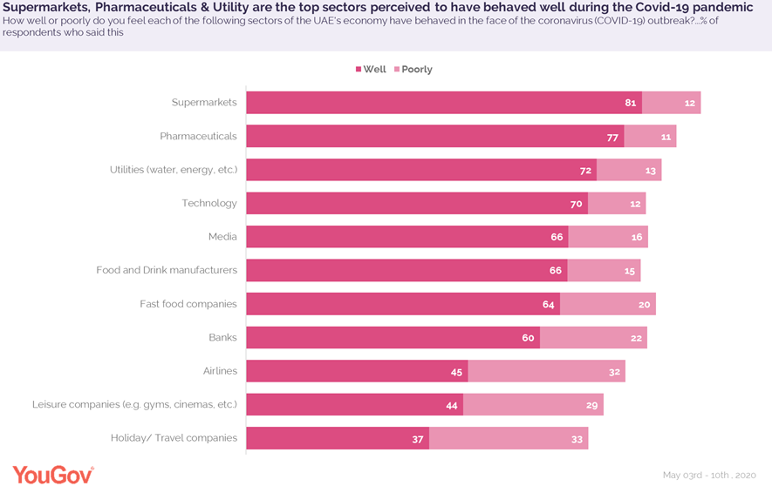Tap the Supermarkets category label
[204, 103]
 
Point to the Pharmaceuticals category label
[198, 136]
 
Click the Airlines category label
[220, 371]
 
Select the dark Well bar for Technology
[416, 204]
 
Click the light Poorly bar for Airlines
[546, 371]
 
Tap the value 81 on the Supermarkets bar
[630, 103]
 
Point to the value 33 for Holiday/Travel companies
[577, 439]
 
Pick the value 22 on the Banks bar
[636, 338]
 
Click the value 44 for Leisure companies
[451, 405]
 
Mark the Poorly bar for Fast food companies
[607, 304]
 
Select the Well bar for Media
[406, 237]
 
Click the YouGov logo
[52, 475]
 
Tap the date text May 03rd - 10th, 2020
[708, 476]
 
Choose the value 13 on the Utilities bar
[650, 170]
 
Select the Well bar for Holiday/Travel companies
[337, 438]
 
